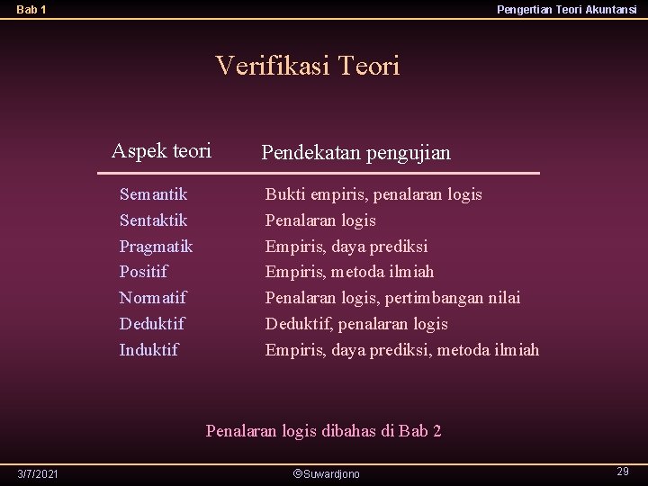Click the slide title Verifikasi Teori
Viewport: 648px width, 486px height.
[x=307, y=66]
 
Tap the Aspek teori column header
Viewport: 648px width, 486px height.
[x=161, y=151]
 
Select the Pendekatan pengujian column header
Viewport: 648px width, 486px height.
[x=355, y=153]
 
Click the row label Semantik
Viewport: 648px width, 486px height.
[x=153, y=193]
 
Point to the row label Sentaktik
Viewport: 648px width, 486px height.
[x=153, y=220]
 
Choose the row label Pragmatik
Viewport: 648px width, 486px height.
[x=156, y=246]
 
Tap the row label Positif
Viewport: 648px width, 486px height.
[x=143, y=271]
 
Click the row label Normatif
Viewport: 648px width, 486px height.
[x=152, y=297]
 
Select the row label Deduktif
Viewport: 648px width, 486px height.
[x=151, y=323]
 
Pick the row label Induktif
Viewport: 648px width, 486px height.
[x=148, y=349]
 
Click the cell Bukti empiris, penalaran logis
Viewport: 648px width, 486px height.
[x=373, y=193]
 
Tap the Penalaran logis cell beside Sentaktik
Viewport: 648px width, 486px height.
[x=320, y=220]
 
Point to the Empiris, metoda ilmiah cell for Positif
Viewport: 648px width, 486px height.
[x=349, y=271]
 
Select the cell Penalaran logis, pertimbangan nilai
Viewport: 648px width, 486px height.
[x=392, y=297]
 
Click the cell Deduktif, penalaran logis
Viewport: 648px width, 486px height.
[x=355, y=323]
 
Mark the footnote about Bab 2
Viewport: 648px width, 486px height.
[x=323, y=430]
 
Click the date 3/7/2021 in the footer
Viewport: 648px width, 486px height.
[x=39, y=473]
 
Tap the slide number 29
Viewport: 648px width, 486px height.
[x=622, y=472]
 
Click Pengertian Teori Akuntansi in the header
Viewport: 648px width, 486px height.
[x=567, y=10]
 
